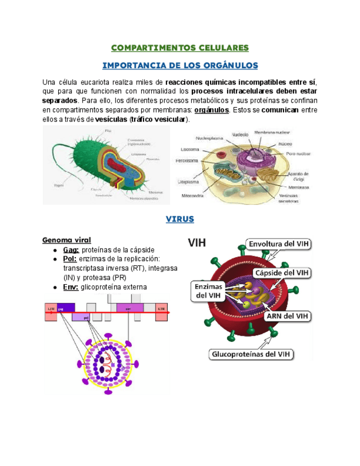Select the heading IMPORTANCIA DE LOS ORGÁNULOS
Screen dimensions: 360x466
180,65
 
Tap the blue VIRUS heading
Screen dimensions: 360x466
180,219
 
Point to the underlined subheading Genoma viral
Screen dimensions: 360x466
67,240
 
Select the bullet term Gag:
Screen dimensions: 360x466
71,249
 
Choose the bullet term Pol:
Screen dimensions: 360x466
70,259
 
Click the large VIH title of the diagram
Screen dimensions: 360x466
202,242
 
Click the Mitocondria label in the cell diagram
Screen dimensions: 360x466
193,196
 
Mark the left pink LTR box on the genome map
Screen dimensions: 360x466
51,309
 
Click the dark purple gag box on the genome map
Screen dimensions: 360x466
65,308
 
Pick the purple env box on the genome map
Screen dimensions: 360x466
130,308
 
